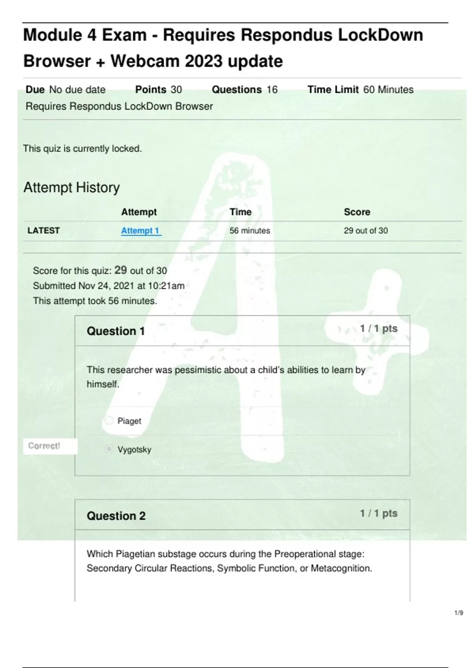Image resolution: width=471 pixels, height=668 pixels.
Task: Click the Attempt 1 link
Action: [x=141, y=231]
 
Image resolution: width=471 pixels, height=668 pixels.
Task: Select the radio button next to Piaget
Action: [x=109, y=421]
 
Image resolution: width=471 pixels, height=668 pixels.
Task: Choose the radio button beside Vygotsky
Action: [x=109, y=449]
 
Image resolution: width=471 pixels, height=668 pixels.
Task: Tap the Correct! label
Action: [x=44, y=446]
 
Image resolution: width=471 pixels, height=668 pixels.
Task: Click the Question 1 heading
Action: [x=116, y=331]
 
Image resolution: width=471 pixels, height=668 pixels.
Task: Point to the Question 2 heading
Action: [x=116, y=516]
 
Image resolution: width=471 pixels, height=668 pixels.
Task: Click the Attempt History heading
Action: [x=71, y=187]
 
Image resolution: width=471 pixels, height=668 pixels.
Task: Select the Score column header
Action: [x=357, y=212]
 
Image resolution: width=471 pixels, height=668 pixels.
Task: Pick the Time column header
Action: [x=240, y=212]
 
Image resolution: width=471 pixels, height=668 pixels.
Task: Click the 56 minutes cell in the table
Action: [x=250, y=231]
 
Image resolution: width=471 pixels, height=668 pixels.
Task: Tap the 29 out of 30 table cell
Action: [x=365, y=231]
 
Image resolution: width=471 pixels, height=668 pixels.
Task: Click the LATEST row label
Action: [x=44, y=231]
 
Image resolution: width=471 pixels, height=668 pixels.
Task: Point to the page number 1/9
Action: [x=458, y=613]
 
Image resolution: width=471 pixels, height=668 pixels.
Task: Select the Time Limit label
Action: [x=333, y=90]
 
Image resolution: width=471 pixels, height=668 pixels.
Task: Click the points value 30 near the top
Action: [x=176, y=90]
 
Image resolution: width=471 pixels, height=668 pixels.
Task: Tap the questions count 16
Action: [x=272, y=90]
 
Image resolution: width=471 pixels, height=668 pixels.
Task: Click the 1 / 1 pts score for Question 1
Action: [x=378, y=328]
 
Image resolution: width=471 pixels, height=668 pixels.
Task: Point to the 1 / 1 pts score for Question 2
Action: [x=378, y=513]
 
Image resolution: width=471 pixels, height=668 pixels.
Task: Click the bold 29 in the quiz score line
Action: [x=120, y=270]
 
